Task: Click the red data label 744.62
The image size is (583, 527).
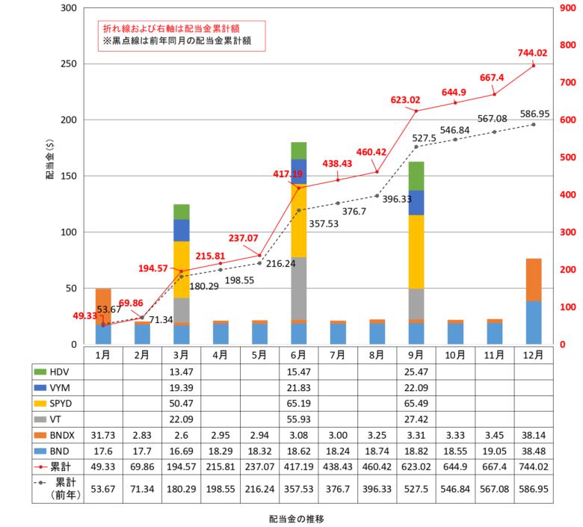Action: pyautogui.click(x=532, y=53)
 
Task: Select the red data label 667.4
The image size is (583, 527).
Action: pyautogui.click(x=492, y=78)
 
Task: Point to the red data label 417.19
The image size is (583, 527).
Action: pyautogui.click(x=288, y=174)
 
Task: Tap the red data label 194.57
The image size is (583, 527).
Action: pyautogui.click(x=153, y=268)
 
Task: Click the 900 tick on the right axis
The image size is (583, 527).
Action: pyautogui.click(x=567, y=7)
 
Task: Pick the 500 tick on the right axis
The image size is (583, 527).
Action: pyautogui.click(x=567, y=157)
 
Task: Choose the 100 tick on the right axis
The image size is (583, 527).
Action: pyautogui.click(x=567, y=306)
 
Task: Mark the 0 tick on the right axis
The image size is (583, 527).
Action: pyautogui.click(x=562, y=344)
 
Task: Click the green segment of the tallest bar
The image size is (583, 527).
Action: pyautogui.click(x=299, y=150)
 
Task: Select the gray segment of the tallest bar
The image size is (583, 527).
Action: pyautogui.click(x=299, y=289)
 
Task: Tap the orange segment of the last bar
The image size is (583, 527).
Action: pyautogui.click(x=534, y=280)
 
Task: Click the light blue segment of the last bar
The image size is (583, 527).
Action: pyautogui.click(x=534, y=323)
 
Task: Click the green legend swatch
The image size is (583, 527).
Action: pyautogui.click(x=40, y=372)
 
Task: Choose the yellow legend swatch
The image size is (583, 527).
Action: pyautogui.click(x=40, y=404)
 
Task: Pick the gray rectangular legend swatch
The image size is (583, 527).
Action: pyautogui.click(x=40, y=419)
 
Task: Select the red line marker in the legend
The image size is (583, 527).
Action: pyautogui.click(x=40, y=466)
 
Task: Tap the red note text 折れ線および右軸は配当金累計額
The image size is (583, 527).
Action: pyautogui.click(x=171, y=28)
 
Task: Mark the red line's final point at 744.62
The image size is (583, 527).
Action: pyautogui.click(x=534, y=66)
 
